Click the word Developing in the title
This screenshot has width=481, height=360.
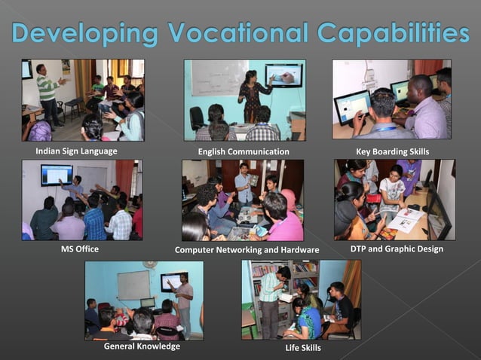(x=85, y=34)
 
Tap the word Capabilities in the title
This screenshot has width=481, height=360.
(x=393, y=34)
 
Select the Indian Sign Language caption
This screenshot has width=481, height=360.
(x=76, y=151)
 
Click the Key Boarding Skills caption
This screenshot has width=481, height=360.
(x=392, y=151)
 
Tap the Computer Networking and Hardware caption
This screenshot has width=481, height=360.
(x=247, y=249)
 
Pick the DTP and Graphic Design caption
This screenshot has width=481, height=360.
(x=397, y=248)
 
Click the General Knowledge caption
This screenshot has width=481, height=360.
(x=142, y=346)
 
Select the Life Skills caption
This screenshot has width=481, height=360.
(x=302, y=348)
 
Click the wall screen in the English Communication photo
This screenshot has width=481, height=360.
(x=283, y=75)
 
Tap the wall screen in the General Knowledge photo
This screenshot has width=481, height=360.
(x=172, y=282)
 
